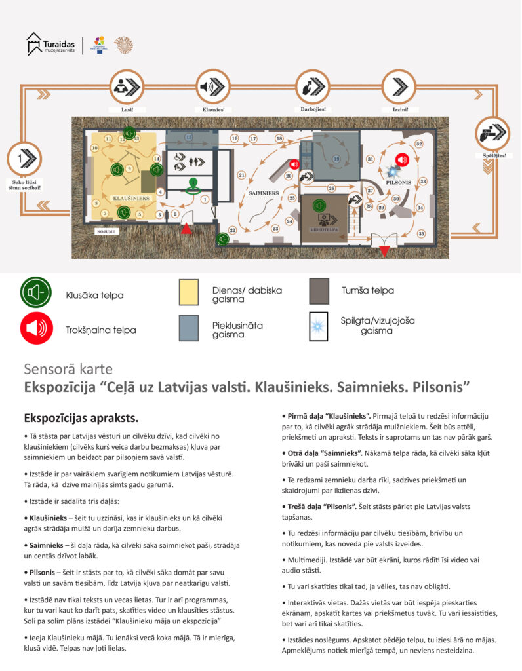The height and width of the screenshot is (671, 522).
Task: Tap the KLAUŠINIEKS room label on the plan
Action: pos(132,197)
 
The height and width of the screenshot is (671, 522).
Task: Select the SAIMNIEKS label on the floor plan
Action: pos(264,193)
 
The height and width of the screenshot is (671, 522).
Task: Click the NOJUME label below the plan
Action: pos(106,231)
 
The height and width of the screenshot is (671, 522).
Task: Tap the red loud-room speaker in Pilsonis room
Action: pos(402,159)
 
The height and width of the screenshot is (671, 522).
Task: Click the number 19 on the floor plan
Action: pos(336,159)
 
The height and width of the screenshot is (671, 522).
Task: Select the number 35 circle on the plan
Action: pos(422,233)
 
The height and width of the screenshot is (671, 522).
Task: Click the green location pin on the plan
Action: pos(192,185)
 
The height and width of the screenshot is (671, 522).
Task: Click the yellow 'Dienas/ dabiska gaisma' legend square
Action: pos(189,292)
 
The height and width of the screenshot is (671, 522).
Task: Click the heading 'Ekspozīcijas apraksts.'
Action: pos(81,418)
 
